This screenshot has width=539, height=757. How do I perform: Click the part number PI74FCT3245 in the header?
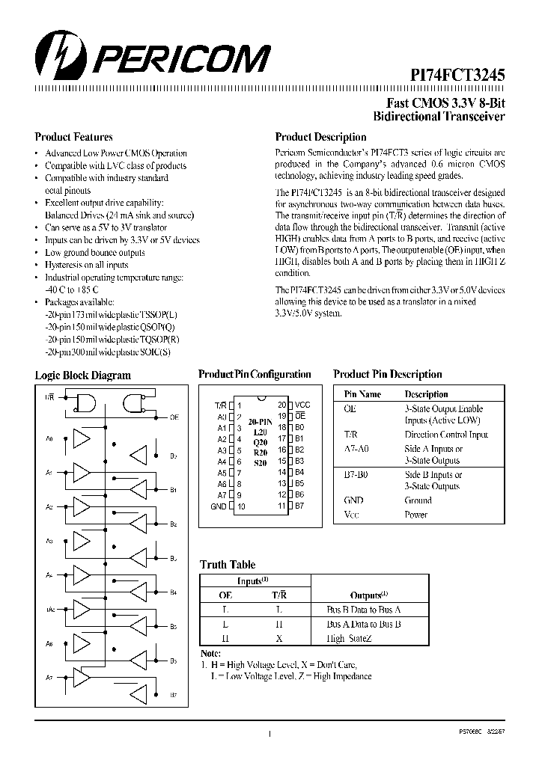[457, 76]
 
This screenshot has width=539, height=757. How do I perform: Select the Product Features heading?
[73, 137]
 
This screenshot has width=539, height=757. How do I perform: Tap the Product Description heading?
[320, 137]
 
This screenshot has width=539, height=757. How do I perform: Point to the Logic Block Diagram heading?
[82, 376]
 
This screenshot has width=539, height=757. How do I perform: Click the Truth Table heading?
[227, 565]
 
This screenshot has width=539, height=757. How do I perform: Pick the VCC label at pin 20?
[302, 405]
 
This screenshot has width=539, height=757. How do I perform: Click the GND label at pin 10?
[219, 506]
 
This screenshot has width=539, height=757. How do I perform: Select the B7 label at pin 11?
[299, 506]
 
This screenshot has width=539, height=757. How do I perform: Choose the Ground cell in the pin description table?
[418, 500]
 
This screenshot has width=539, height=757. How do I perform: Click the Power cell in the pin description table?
[415, 515]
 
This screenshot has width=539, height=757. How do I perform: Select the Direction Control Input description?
[446, 435]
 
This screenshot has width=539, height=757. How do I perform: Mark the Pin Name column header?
[362, 394]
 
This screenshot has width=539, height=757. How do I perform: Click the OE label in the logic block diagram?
[174, 417]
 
